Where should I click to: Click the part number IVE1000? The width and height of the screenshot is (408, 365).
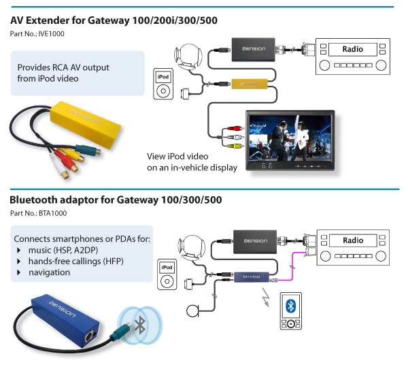51,34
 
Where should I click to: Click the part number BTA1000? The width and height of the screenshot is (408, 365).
52,213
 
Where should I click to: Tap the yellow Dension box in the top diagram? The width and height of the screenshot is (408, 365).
250,84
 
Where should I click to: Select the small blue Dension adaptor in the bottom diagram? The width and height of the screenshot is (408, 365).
252,277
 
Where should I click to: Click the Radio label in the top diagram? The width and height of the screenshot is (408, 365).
352,49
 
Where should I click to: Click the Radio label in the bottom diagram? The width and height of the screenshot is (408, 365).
353,240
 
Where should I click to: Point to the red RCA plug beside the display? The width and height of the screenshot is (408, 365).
235,128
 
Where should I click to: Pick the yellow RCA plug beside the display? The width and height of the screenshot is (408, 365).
235,146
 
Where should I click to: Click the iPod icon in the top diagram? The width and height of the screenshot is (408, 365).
163,84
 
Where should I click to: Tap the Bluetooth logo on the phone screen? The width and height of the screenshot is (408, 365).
290,306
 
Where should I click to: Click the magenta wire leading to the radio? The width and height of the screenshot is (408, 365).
292,266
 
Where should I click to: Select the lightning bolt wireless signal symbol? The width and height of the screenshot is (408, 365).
266,297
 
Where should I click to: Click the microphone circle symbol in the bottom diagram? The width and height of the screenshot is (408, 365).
192,311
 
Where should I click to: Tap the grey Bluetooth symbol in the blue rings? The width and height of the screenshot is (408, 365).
140,325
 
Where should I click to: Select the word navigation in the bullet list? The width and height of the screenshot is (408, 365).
49,272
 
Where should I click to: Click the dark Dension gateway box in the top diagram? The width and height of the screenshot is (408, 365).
253,50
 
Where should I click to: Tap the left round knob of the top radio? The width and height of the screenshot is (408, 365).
324,65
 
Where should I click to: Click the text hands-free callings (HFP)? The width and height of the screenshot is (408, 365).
76,261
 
